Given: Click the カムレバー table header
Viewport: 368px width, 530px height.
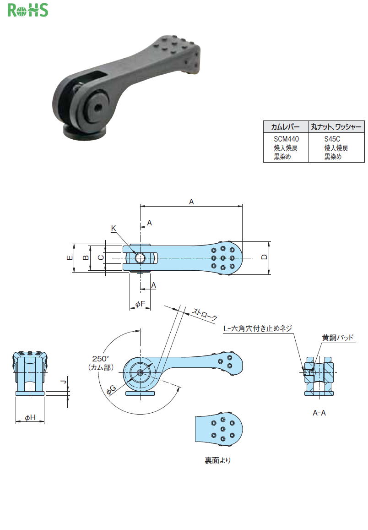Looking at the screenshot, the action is click(285, 127).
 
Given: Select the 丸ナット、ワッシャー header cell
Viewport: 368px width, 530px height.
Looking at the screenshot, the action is click(336, 127).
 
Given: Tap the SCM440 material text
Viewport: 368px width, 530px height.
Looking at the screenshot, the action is click(286, 139).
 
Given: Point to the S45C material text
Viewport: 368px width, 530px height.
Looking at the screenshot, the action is click(332, 139).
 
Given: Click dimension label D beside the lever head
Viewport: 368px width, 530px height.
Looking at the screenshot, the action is click(264, 257).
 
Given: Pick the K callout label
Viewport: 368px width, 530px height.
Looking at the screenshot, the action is click(114, 229).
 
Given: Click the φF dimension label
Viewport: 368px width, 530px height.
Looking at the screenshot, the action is click(140, 304).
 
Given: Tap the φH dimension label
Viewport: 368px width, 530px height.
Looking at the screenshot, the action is click(30, 417).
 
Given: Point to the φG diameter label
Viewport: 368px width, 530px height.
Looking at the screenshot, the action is click(111, 390).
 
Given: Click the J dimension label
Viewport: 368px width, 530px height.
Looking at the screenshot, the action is click(63, 382).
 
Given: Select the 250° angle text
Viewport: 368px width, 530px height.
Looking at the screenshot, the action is click(101, 359).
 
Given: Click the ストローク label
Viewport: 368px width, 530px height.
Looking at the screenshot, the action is click(205, 314).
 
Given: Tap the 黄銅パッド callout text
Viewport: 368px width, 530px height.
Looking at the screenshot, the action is click(338, 337).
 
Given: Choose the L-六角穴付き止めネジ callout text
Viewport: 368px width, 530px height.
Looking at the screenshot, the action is click(258, 328).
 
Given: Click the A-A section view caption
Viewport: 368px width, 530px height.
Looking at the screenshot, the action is click(319, 413).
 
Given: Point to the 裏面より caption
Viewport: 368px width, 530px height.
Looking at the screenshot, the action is click(218, 460).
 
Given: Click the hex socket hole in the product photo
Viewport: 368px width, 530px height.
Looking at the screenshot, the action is click(98, 108).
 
